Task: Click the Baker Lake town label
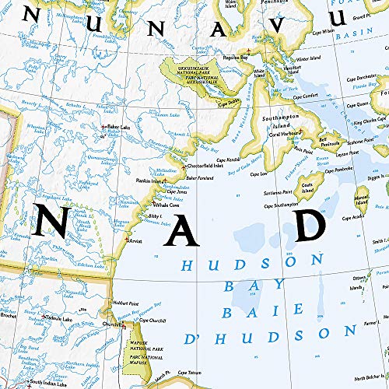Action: pyautogui.click(x=119, y=127)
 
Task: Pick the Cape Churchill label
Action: pyautogui.click(x=150, y=321)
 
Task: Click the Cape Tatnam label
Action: pyautogui.click(x=188, y=373)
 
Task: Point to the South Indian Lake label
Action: pyautogui.click(x=50, y=382)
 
